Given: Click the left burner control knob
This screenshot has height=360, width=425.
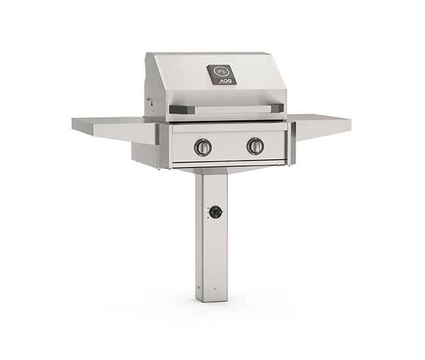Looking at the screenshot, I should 203,147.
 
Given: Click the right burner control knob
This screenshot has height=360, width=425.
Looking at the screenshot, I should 255,146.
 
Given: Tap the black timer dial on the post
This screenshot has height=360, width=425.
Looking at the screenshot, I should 216,212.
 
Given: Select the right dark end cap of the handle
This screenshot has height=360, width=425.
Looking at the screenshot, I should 277,108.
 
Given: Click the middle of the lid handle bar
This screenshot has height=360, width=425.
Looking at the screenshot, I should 226,109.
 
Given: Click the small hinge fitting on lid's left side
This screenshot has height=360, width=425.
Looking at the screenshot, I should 148,103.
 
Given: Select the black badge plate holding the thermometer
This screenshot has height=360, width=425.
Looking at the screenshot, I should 222,75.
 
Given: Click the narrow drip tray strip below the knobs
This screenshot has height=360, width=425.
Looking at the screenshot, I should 229,164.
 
